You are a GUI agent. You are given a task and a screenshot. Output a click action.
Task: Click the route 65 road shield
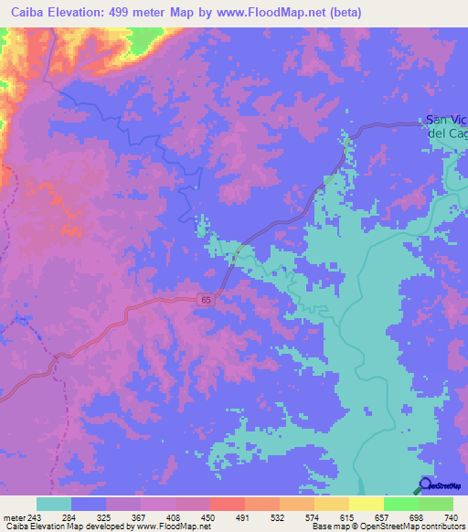[x=208, y=300]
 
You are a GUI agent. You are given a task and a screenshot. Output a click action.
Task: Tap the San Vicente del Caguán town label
[x=447, y=126]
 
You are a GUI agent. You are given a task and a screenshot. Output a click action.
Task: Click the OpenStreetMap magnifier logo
[x=426, y=484]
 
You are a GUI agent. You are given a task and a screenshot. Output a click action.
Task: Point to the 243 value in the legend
[x=35, y=516]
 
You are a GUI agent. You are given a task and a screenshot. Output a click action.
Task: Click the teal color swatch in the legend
[x=53, y=504]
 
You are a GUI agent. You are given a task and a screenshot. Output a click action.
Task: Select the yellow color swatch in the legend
[x=366, y=504]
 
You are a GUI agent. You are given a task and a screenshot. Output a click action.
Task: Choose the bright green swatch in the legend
[x=400, y=504]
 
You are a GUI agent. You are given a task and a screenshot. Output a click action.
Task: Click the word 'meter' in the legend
[x=12, y=516]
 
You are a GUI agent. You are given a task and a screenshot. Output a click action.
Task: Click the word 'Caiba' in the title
[x=27, y=13]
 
